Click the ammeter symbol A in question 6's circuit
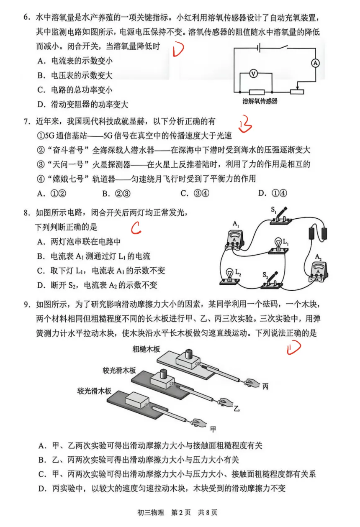(316, 63)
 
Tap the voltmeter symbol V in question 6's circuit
(253, 73)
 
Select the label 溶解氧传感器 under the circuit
(260, 101)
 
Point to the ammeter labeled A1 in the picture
(236, 240)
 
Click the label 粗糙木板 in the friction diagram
(146, 349)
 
